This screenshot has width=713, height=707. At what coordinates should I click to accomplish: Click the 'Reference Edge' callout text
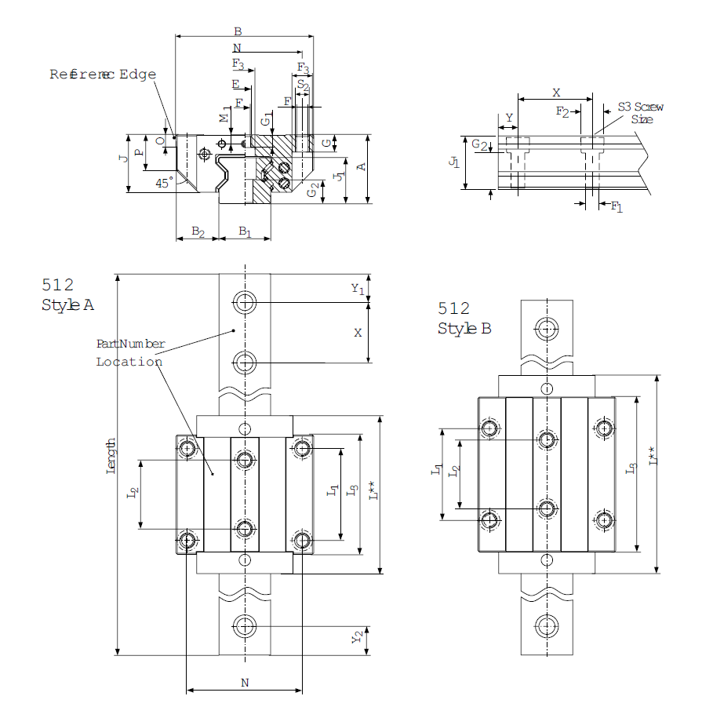tap(103, 75)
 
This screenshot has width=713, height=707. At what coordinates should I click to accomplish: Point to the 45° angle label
tap(164, 182)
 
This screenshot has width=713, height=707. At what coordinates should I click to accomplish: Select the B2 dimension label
tap(198, 232)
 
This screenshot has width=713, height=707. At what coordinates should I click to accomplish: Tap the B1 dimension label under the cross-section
tap(245, 232)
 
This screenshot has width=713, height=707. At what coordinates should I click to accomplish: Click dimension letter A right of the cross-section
tap(361, 167)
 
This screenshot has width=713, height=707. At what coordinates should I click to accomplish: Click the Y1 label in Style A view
tap(358, 289)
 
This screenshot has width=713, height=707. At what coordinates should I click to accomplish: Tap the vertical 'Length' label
tap(111, 456)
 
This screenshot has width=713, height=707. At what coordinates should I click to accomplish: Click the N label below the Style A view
tap(245, 683)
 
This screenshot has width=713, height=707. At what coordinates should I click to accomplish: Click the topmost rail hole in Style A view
tap(245, 302)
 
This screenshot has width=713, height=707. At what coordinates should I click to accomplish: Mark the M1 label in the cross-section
tap(225, 116)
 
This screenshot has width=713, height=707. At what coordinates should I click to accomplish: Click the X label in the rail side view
tap(556, 93)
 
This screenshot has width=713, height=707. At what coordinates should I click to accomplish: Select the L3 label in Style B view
tap(631, 469)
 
